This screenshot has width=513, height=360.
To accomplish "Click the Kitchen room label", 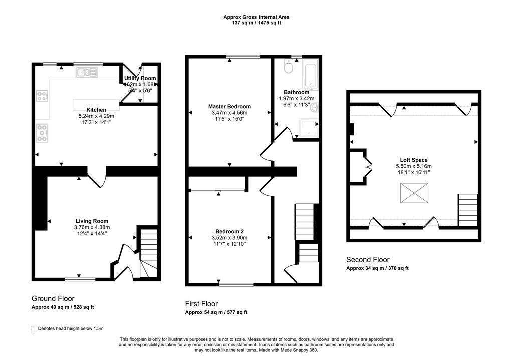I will pos(96,110).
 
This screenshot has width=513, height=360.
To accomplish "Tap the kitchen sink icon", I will pos(88,73).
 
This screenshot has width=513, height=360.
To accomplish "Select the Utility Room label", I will pos(140,78).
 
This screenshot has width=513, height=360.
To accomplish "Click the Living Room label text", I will pos(92,221).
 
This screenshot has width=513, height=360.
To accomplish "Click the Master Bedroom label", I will pos(229,107).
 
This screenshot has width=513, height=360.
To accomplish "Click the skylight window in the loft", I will pos(414,193).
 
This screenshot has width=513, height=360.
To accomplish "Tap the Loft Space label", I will pos(413,160).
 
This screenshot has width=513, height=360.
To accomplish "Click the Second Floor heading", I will pos(368,260).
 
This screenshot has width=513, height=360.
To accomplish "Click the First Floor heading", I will pos(201,304).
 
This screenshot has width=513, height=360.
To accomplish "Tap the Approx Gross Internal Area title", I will pos(256,17).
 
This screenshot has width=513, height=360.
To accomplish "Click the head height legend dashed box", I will pos(33,329).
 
